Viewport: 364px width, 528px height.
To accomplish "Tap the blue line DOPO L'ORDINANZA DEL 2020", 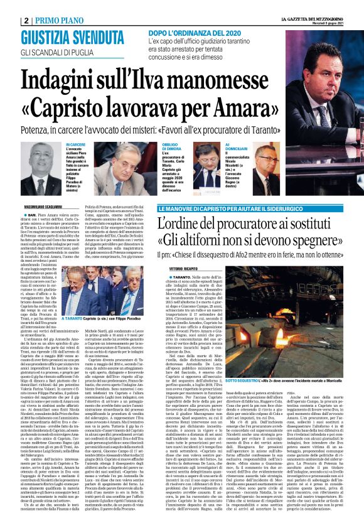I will [196, 31].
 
